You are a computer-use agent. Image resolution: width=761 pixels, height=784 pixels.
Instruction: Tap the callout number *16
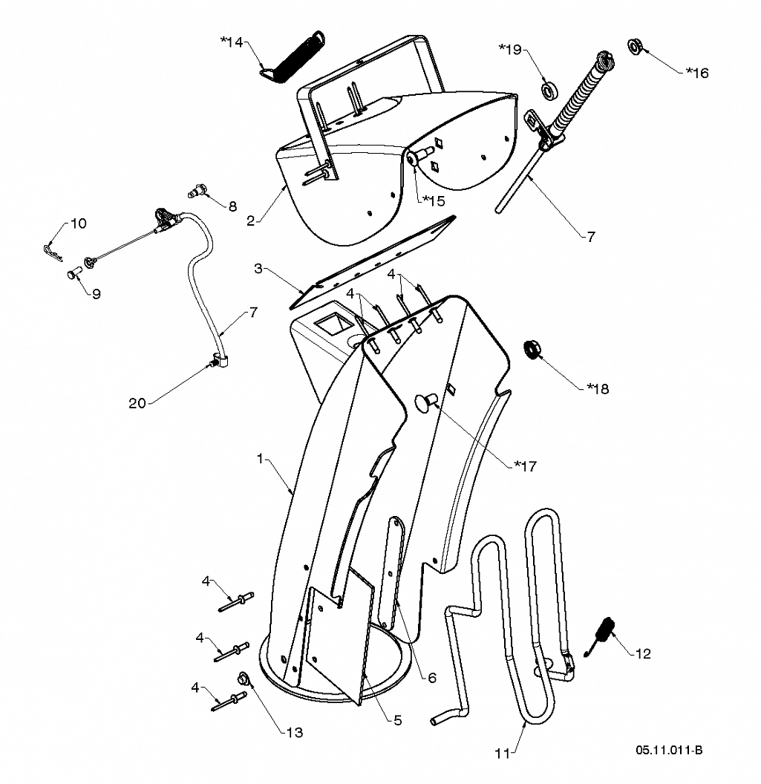tap(696, 72)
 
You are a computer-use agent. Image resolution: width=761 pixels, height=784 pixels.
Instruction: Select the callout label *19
tap(510, 50)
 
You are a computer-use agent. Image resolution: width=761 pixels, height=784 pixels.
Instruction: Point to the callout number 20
tap(137, 403)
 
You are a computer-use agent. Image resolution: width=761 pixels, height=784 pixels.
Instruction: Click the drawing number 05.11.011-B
tap(668, 751)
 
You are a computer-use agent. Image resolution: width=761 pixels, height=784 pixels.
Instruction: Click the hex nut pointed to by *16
tap(636, 46)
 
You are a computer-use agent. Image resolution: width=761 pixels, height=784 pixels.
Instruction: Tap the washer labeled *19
tap(550, 91)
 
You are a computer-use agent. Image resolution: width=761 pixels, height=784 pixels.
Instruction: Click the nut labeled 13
tap(243, 679)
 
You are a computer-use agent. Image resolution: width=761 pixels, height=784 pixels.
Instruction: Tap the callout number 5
tap(397, 719)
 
